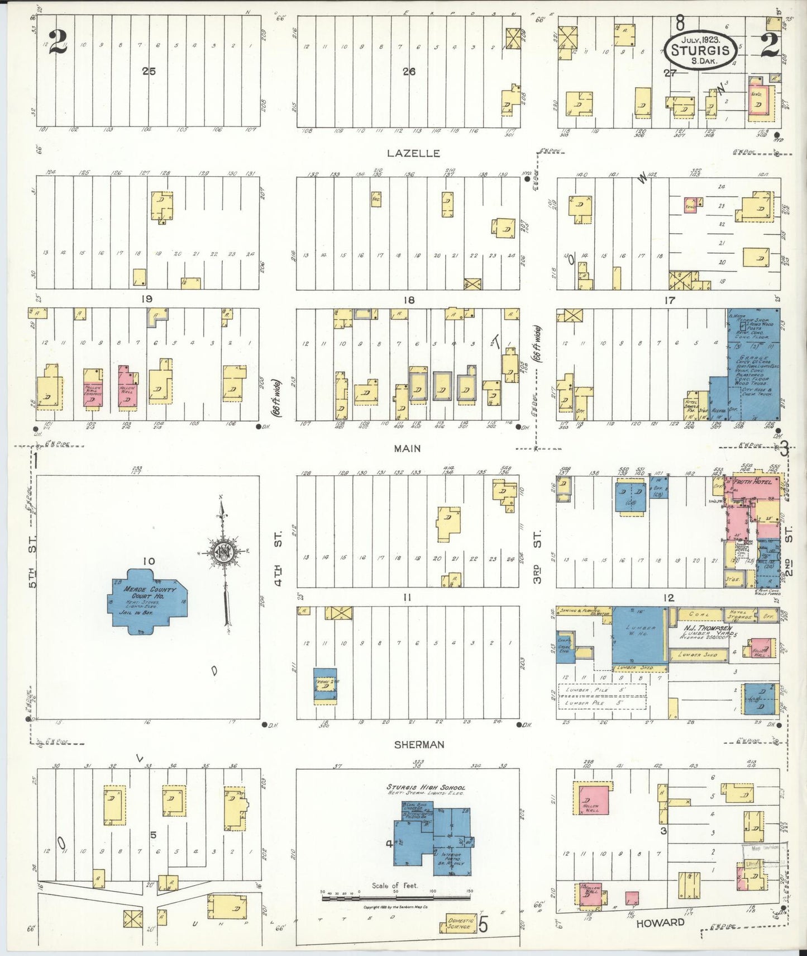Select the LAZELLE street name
click(413, 153)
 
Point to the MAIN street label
click(407, 448)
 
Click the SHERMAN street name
click(419, 745)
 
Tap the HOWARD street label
click(660, 923)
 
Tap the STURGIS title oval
click(700, 49)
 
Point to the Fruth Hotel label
click(752, 482)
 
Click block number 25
click(149, 71)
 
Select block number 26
click(409, 71)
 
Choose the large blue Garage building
click(753, 363)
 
